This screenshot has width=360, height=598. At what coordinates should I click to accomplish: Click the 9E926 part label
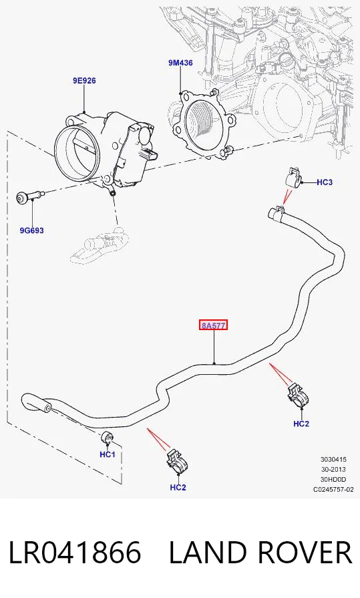[84, 80]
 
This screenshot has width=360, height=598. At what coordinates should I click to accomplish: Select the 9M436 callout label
[181, 63]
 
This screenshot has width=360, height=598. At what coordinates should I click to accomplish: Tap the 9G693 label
[31, 231]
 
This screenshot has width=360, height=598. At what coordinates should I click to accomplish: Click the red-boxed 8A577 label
[214, 325]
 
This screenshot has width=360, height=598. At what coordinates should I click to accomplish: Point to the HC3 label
[325, 182]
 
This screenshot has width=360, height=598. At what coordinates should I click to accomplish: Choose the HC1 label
[107, 454]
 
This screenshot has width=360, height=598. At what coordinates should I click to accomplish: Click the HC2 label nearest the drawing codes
[301, 424]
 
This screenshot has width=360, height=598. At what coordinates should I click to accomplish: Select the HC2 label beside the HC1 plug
[178, 487]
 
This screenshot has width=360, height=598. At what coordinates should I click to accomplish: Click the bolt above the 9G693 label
[31, 197]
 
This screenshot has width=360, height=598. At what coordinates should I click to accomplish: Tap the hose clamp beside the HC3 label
[293, 177]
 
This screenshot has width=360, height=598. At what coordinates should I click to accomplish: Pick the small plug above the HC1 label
[108, 438]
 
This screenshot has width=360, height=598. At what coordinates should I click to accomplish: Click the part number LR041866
[75, 553]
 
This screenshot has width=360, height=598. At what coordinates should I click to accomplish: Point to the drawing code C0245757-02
[333, 489]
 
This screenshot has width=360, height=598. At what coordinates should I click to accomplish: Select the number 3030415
[333, 460]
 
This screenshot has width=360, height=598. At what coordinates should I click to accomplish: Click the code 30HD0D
[333, 479]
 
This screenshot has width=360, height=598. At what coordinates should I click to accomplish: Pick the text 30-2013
[333, 470]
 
